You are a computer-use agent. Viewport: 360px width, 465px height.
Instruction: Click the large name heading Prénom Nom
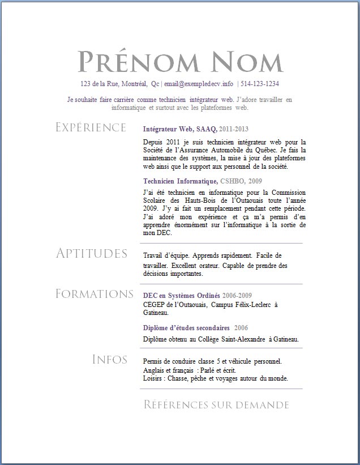click(x=179, y=62)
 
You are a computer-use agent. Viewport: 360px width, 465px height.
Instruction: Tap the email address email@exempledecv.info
click(x=198, y=84)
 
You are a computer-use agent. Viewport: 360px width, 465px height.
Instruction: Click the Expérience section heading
click(x=91, y=127)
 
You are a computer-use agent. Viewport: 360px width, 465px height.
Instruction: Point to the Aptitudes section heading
click(x=91, y=253)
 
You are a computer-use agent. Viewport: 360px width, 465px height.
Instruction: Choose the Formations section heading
click(x=94, y=294)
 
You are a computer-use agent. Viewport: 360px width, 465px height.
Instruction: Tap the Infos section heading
click(x=109, y=359)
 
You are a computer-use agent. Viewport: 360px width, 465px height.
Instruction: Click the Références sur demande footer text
click(x=216, y=405)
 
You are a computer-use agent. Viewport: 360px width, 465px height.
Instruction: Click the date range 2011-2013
click(x=234, y=129)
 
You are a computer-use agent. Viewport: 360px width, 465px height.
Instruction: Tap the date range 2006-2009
click(x=237, y=296)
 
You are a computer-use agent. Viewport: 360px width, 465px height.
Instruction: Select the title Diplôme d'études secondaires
click(x=186, y=328)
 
